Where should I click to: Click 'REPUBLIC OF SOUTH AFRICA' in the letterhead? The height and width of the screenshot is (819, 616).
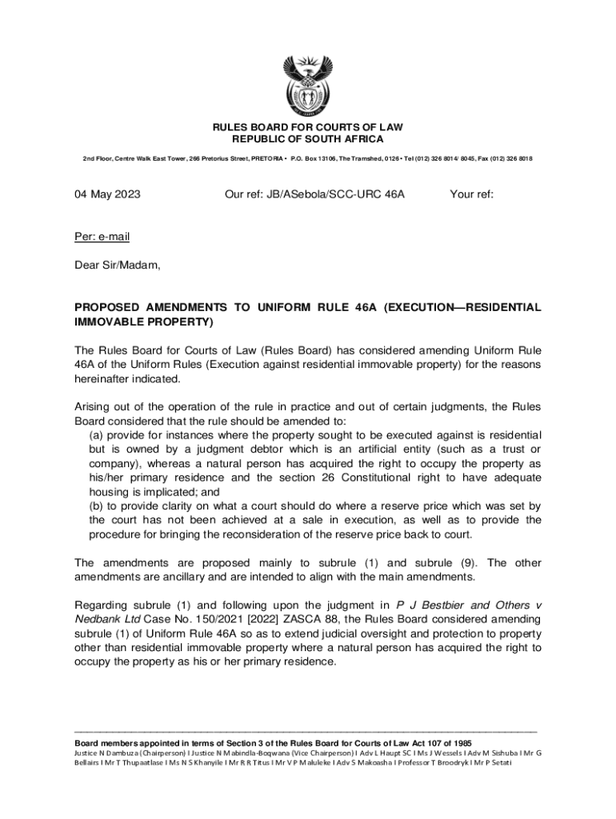pyautogui.click(x=308, y=139)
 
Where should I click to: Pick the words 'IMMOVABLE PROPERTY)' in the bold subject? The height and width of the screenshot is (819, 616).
pyautogui.click(x=144, y=322)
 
